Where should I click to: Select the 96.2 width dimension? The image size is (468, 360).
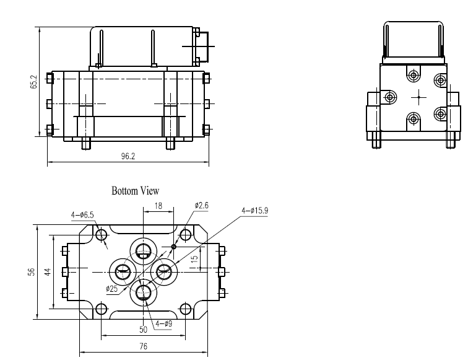tap(128, 157)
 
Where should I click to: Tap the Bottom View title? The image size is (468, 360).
tap(135, 191)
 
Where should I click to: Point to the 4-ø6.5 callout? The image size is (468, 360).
tap(82, 215)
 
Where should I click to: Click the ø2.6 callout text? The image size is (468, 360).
tap(202, 205)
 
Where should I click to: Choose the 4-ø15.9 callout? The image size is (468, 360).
tap(254, 210)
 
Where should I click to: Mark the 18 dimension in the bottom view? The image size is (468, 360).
tap(158, 204)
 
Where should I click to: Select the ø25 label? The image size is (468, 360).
tap(111, 288)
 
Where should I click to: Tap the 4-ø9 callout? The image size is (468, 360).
tap(164, 323)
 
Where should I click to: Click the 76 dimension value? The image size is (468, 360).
tap(143, 347)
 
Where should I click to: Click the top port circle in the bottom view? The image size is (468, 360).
tap(144, 251)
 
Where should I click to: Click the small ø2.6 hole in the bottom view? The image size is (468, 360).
tap(174, 247)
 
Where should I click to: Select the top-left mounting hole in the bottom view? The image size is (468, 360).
tap(102, 235)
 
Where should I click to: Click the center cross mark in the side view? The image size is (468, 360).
tap(418, 97)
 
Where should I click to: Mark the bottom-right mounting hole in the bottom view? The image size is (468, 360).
tap(184, 308)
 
